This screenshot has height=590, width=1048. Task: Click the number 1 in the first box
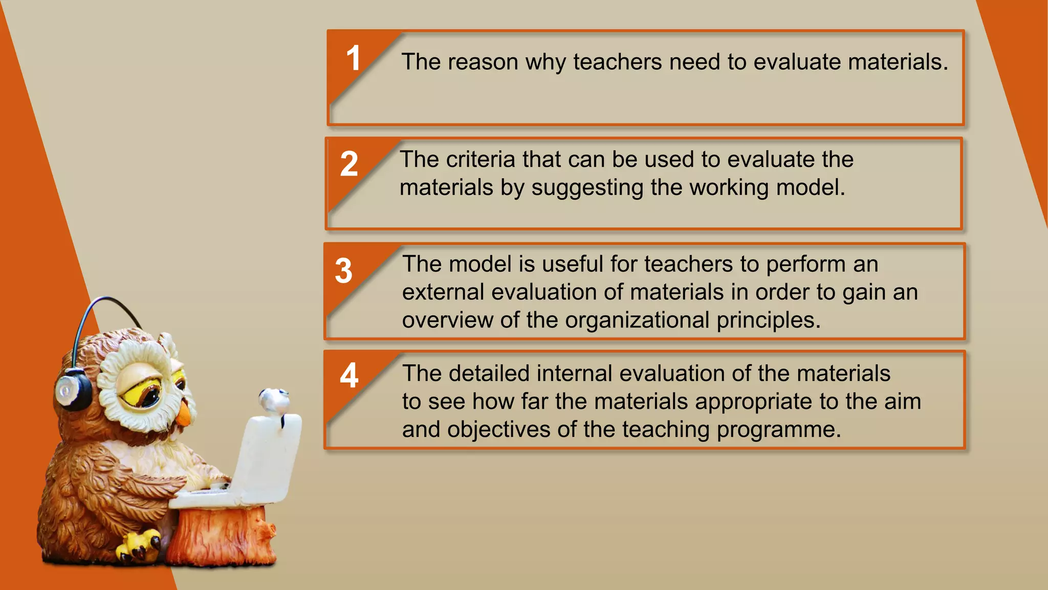coord(353,58)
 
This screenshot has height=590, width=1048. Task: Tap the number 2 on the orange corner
coord(349,164)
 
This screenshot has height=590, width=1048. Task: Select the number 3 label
coord(344,271)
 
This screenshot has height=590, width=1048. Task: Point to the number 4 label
coord(349,376)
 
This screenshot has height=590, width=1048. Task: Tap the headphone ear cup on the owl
coord(72,390)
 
